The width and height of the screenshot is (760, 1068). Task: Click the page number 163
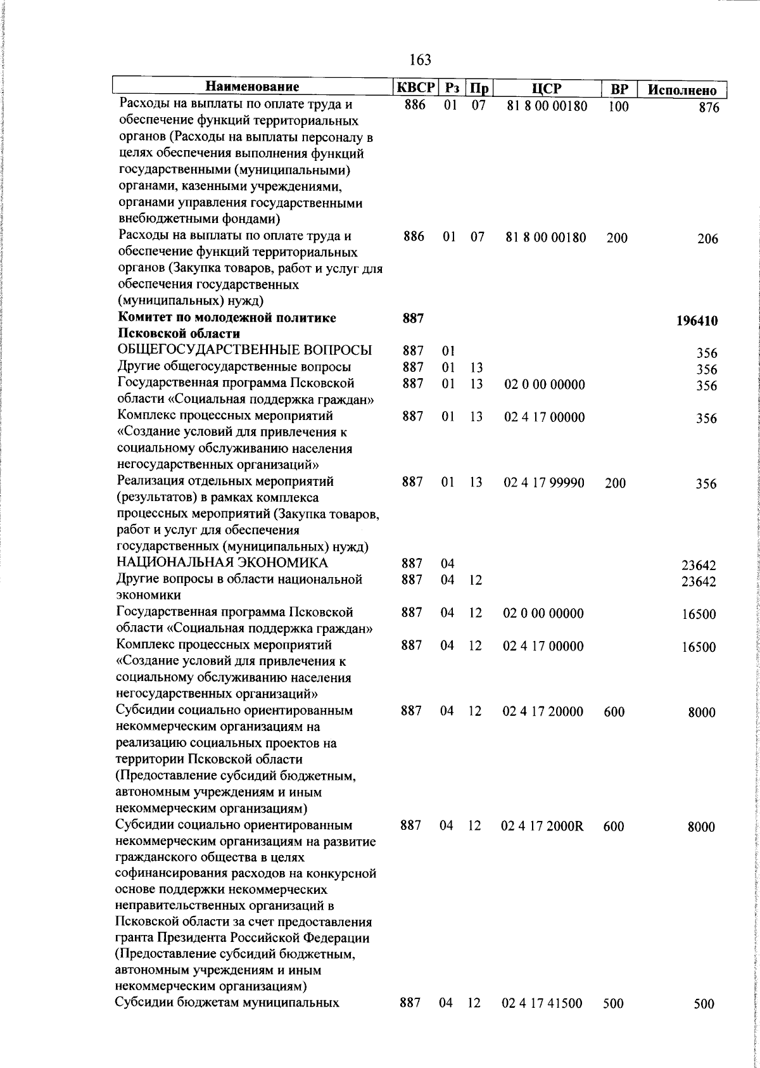pyautogui.click(x=420, y=60)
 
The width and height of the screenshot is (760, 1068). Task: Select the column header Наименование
pyautogui.click(x=252, y=87)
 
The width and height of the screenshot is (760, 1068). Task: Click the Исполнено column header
pyautogui.click(x=681, y=90)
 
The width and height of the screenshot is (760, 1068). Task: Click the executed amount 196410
pyautogui.click(x=696, y=321)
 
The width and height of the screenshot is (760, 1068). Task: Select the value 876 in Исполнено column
pyautogui.click(x=709, y=108)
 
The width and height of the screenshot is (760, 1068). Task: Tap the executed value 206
pyautogui.click(x=707, y=239)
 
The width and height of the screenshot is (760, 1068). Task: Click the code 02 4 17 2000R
pyautogui.click(x=542, y=826)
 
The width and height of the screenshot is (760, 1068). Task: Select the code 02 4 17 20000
pyautogui.click(x=543, y=712)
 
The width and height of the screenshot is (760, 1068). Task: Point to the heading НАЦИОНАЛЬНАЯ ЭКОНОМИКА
pyautogui.click(x=222, y=563)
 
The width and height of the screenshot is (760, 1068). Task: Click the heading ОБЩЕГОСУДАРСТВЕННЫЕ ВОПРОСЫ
pyautogui.click(x=244, y=351)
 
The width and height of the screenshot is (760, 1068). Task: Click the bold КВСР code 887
pyautogui.click(x=413, y=319)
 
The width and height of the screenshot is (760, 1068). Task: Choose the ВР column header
pyautogui.click(x=618, y=89)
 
